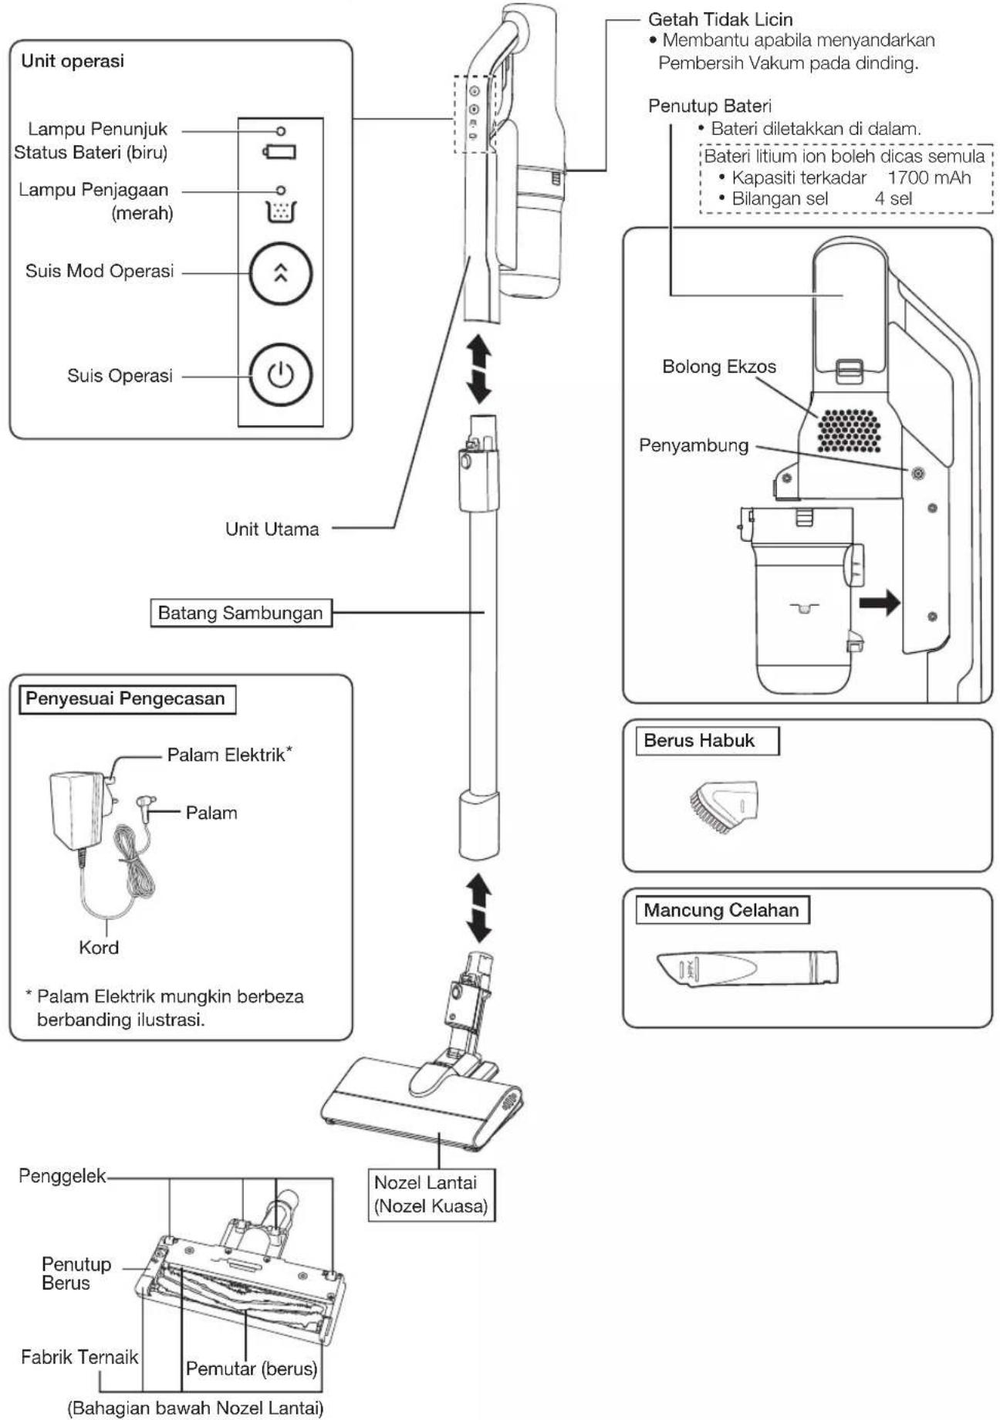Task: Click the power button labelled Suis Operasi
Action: (280, 375)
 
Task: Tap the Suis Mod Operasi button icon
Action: (280, 273)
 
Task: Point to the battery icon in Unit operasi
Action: (279, 150)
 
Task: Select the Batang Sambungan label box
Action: (240, 613)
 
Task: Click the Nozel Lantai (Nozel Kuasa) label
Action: (431, 1194)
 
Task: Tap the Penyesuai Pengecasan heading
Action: (126, 699)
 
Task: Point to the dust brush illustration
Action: (723, 806)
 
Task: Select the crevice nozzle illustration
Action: (747, 967)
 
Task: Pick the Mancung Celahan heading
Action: (721, 910)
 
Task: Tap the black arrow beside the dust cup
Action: (880, 602)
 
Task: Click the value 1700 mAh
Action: (929, 177)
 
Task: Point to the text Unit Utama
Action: (272, 529)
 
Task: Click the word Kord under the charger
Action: (99, 948)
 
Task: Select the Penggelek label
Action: (62, 1175)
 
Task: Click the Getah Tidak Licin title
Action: (720, 19)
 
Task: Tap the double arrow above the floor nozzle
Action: (480, 908)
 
